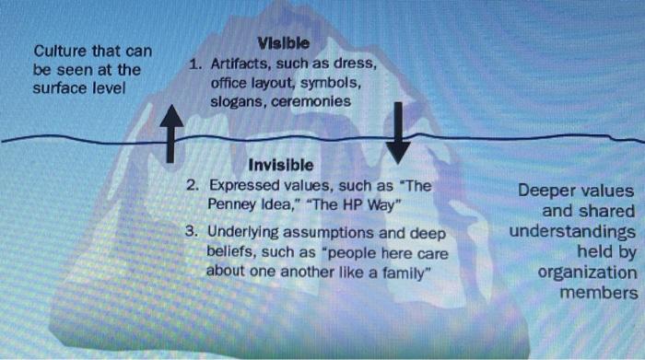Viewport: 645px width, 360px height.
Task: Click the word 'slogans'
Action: [x=237, y=101]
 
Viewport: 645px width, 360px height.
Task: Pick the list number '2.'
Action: [x=193, y=184]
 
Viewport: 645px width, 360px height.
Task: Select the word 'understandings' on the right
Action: [x=572, y=231]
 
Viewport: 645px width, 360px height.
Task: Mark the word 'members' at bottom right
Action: [x=599, y=293]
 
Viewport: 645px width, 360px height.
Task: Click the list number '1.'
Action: [x=194, y=64]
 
